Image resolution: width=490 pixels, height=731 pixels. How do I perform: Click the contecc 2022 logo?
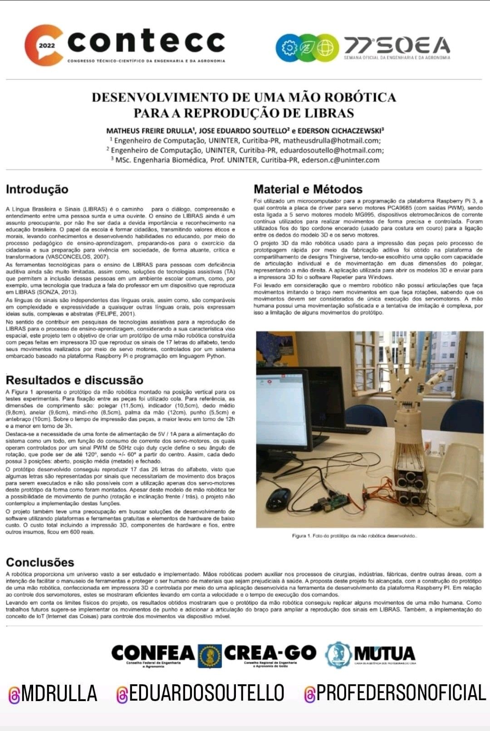pos(125,44)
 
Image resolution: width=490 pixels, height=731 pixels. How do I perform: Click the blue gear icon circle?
pos(287,48)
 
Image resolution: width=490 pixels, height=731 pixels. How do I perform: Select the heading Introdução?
pos(37,189)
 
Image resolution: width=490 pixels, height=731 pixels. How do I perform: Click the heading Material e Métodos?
pos(308,189)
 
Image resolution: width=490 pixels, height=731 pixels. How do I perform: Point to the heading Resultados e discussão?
pos(74,380)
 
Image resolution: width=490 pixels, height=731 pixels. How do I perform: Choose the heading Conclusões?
pos(40,562)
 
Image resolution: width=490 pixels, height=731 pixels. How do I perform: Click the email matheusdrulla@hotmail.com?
pos(332,141)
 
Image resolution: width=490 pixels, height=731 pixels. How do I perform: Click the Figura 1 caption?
pos(354,536)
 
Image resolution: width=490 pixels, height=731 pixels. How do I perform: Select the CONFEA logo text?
pos(153,653)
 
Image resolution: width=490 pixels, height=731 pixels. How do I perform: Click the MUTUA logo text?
pos(385,654)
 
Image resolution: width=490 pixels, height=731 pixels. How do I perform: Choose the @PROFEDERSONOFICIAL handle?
pos(395,693)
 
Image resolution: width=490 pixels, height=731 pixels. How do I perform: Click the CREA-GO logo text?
pos(270,653)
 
